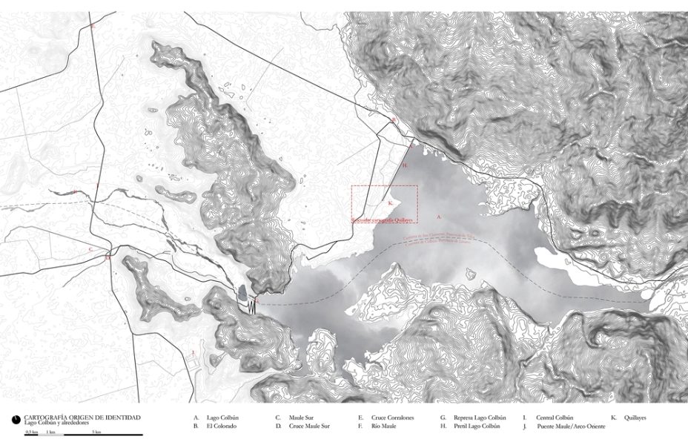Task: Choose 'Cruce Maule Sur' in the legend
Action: (x=309, y=426)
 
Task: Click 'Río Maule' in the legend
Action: (x=385, y=426)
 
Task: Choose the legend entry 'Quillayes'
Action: (x=635, y=418)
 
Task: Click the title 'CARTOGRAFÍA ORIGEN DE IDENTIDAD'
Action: (x=82, y=418)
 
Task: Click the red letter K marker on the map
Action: (x=390, y=201)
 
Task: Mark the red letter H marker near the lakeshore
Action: (x=405, y=165)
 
